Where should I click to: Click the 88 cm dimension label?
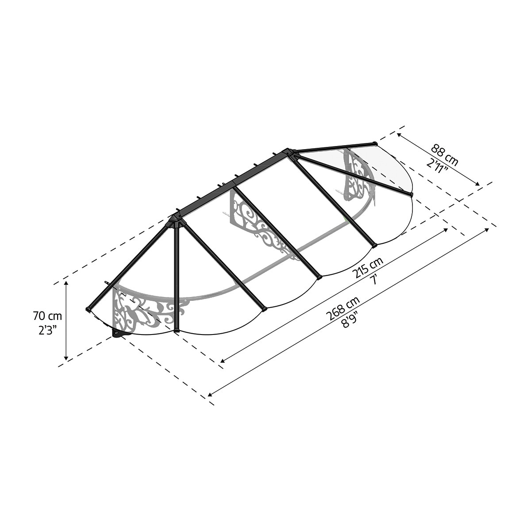pyautogui.click(x=444, y=154)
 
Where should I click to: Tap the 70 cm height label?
pyautogui.click(x=48, y=316)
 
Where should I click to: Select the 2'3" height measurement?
pyautogui.click(x=48, y=330)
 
